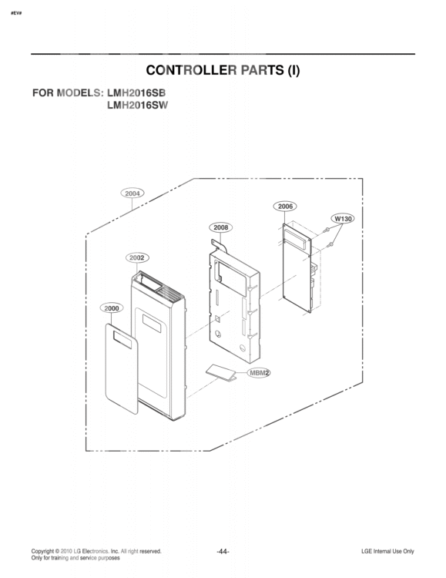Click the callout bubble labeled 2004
pos(132,193)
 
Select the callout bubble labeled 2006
pos(285,207)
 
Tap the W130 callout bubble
pos(343,219)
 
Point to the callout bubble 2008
pos(221,227)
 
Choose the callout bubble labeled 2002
pos(137,257)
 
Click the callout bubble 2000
pos(112,308)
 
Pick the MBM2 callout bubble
pos(259,373)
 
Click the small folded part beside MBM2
pos(221,373)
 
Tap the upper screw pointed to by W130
pos(326,230)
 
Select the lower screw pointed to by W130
pos(330,244)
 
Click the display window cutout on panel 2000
pos(122,340)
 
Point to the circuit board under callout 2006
pos(297,268)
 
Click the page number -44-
pos(223,552)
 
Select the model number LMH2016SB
pos(136,93)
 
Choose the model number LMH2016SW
pos(137,106)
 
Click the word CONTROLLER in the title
pos(191,70)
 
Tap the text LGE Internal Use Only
pos(387,552)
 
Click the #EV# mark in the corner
pos(16,13)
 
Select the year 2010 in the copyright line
pos(66,552)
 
